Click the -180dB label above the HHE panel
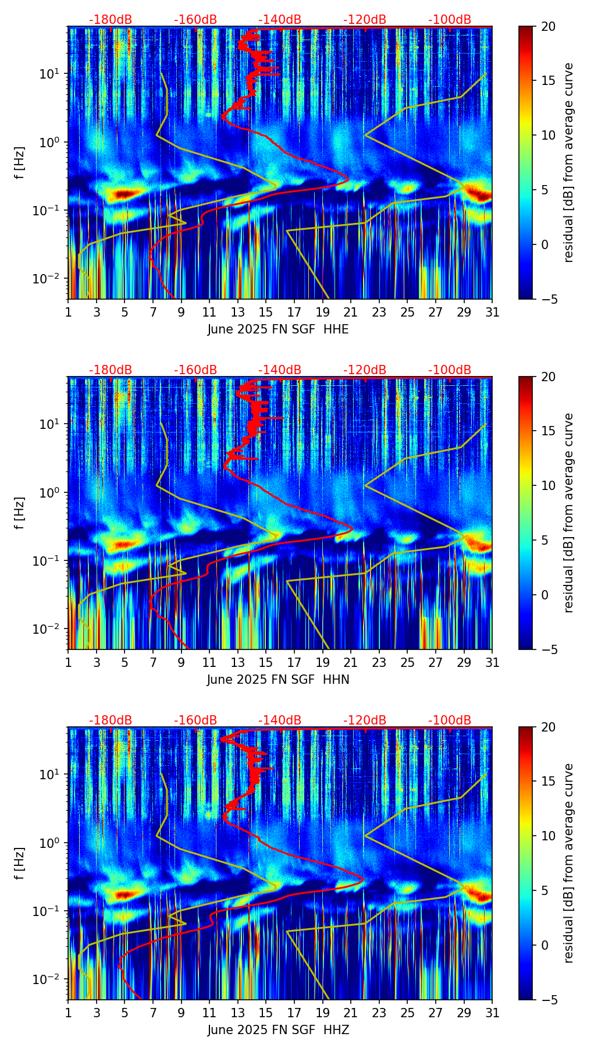(111, 20)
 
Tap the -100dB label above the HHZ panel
(450, 720)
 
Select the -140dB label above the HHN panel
(280, 370)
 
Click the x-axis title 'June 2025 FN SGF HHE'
(278, 329)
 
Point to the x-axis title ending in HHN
(278, 680)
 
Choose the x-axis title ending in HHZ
(278, 1030)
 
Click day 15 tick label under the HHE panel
(265, 313)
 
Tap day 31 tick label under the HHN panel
(492, 663)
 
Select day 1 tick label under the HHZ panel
(68, 1013)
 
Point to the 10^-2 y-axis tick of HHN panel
(48, 629)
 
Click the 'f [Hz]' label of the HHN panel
(20, 513)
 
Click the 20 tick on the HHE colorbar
(549, 27)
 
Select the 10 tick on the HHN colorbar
(549, 485)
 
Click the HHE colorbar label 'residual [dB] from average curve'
(568, 162)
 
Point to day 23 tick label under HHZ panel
(379, 1013)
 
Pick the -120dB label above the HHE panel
(365, 20)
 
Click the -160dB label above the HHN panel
(195, 370)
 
